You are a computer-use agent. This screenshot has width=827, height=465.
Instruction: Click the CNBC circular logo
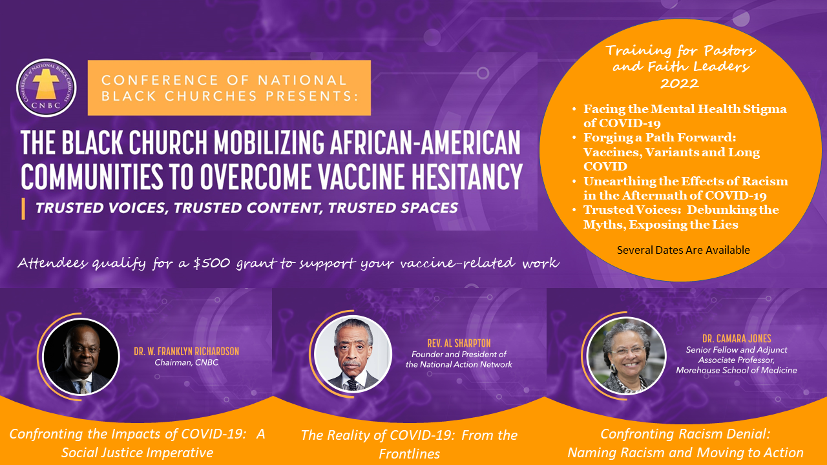[x=47, y=88]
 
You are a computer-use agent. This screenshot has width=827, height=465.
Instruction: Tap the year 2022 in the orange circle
[x=680, y=83]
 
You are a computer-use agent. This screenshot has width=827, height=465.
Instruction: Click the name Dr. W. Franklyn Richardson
[x=187, y=351]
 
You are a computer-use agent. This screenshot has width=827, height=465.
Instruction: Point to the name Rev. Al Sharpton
[x=459, y=343]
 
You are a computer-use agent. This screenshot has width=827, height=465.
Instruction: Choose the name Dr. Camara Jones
[x=737, y=338]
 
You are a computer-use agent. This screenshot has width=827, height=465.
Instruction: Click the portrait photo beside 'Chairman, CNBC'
[x=81, y=356]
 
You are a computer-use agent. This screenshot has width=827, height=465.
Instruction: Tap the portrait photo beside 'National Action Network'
[x=353, y=354]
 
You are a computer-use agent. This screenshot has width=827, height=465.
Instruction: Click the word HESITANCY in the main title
[x=467, y=177]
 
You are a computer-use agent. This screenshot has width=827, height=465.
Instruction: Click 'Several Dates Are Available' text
[x=684, y=250]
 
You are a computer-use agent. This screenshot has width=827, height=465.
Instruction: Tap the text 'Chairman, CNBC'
[x=187, y=362]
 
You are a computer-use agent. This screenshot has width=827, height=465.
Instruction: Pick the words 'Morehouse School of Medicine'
[x=737, y=370]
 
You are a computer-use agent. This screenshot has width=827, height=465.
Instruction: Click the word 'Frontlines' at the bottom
[x=410, y=454]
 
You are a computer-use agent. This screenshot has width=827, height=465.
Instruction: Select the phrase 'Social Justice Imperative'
[x=138, y=453]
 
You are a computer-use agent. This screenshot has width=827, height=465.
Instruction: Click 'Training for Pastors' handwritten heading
[x=681, y=50]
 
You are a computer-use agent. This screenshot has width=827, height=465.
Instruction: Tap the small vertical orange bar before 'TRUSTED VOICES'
[x=23, y=209]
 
